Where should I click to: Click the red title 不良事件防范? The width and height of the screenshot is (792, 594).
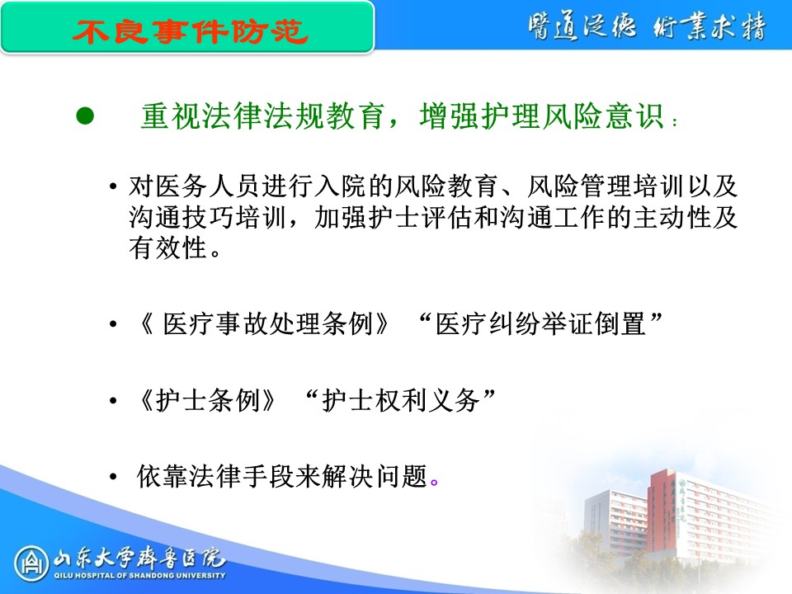click(190, 31)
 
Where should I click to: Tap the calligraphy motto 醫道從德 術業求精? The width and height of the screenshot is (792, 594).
click(647, 26)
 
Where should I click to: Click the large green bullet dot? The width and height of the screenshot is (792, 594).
click(85, 115)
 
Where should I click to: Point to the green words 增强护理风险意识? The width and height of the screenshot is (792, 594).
click(541, 116)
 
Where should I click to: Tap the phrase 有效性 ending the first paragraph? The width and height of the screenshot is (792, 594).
click(167, 248)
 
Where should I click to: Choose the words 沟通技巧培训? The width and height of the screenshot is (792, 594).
click(208, 217)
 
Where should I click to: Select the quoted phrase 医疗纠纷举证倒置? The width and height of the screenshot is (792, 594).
click(540, 323)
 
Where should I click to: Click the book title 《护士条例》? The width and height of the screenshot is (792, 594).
click(208, 401)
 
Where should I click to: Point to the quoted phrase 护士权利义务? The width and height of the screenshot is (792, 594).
click(401, 401)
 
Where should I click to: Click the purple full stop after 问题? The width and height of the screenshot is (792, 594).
click(434, 483)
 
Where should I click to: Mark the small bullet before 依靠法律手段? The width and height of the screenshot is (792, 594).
click(113, 476)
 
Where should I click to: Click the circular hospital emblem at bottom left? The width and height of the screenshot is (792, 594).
click(31, 563)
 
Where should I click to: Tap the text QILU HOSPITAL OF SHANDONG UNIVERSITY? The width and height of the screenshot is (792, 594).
click(140, 575)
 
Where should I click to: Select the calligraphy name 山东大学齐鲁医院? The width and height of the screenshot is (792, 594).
click(140, 557)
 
